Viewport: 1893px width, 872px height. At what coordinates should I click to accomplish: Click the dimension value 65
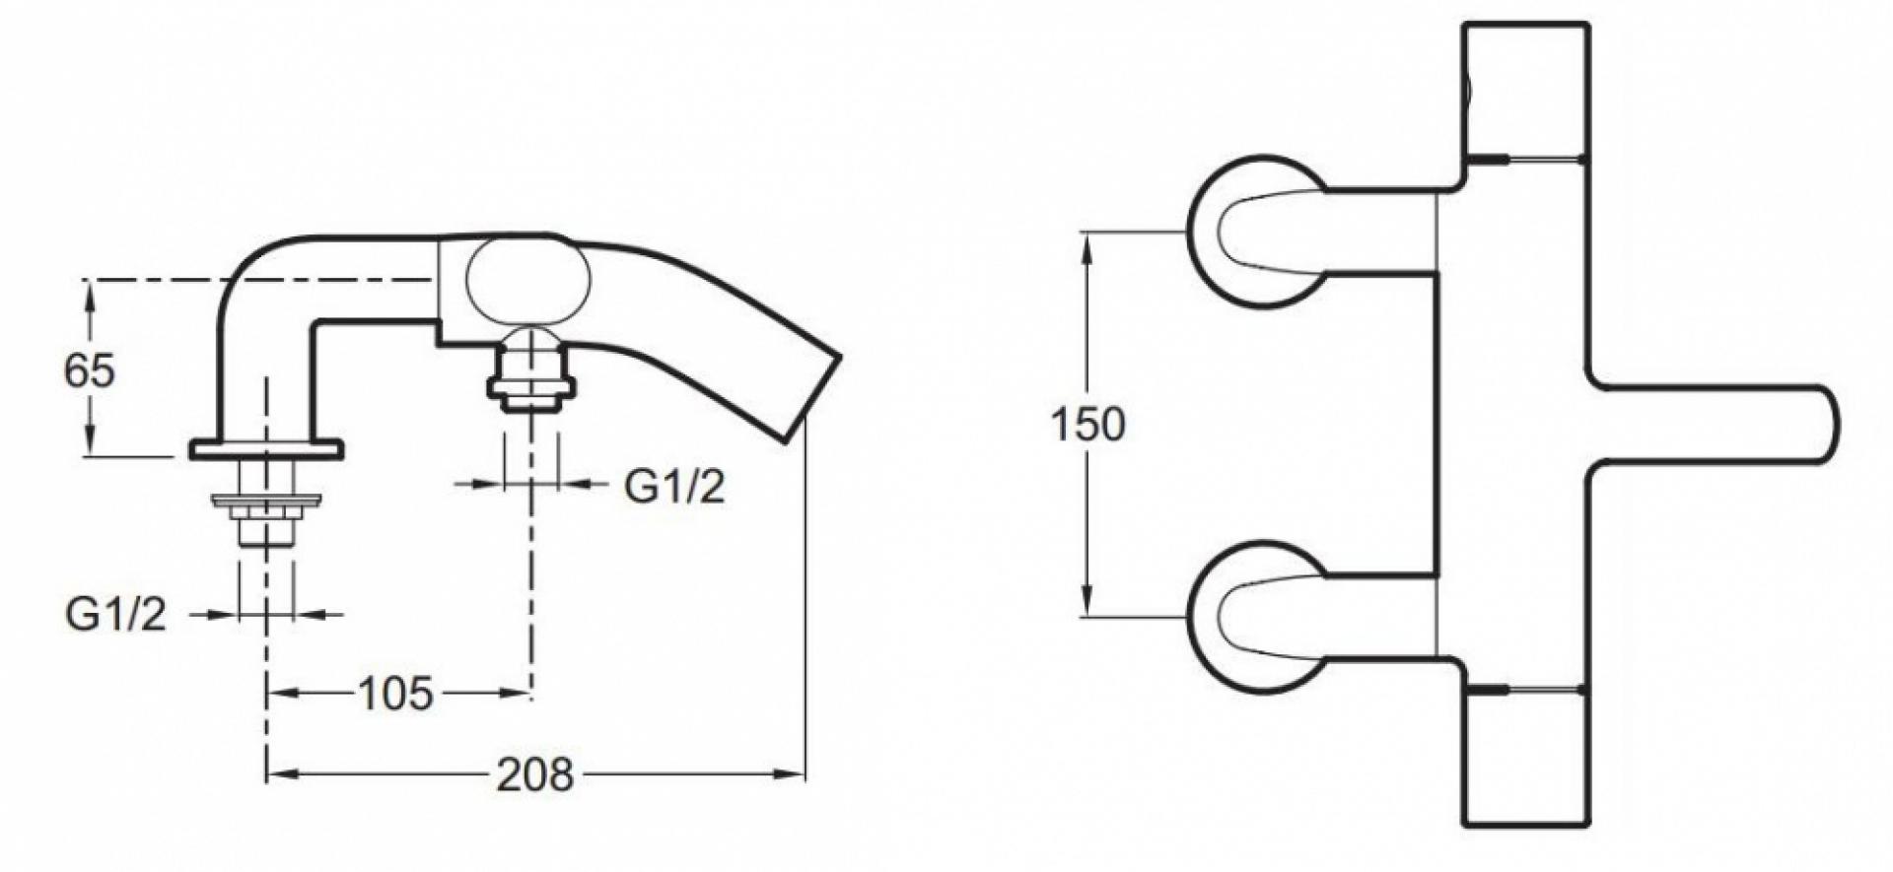point(90,371)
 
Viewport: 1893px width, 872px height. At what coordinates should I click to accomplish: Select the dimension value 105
point(394,695)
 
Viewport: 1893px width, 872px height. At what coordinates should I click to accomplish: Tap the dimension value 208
point(534,775)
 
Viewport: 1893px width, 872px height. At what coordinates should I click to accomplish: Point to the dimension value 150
point(1087,425)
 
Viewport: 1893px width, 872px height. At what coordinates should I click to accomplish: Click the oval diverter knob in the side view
point(528,283)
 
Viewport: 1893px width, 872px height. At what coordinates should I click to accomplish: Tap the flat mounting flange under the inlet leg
point(266,450)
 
